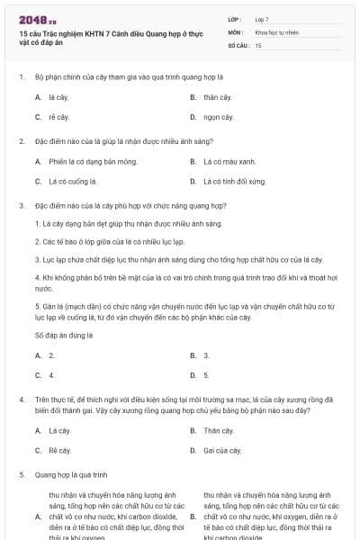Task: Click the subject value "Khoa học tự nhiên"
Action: tap(274, 31)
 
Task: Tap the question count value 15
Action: tap(258, 44)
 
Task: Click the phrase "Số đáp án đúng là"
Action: tap(64, 335)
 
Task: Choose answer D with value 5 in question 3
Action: tap(206, 374)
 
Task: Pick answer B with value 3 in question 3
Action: tap(206, 355)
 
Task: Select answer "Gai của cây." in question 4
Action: tap(221, 450)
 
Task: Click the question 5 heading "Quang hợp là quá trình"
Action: tap(70, 473)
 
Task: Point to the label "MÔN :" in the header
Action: tap(237, 31)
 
